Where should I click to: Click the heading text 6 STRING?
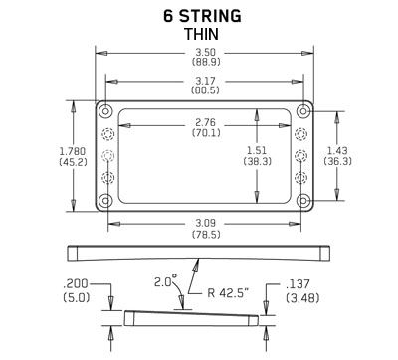click(202, 14)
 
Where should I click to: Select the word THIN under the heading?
click(202, 33)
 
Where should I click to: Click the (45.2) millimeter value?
click(45, 161)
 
